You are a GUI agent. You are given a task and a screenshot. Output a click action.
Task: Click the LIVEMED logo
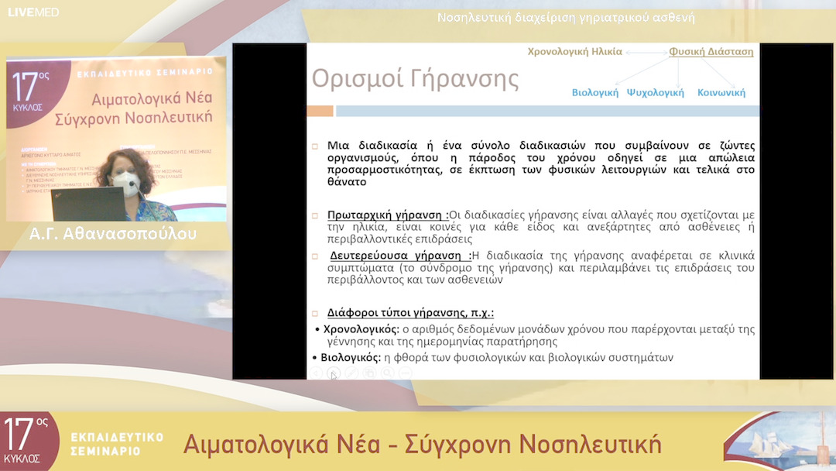click(33, 12)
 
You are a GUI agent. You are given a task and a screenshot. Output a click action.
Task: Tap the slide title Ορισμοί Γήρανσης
click(415, 79)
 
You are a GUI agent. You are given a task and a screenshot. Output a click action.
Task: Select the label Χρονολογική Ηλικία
click(574, 52)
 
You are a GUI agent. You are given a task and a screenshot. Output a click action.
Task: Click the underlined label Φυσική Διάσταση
click(711, 52)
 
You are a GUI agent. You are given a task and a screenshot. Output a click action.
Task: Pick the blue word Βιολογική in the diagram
click(595, 92)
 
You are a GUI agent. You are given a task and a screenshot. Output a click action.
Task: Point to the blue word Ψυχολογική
click(655, 92)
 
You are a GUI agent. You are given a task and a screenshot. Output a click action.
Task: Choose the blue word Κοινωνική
click(721, 92)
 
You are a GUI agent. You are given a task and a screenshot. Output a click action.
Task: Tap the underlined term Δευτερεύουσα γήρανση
click(400, 255)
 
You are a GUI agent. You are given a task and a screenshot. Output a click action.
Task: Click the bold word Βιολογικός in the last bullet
click(351, 357)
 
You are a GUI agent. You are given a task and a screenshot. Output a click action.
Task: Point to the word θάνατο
click(347, 183)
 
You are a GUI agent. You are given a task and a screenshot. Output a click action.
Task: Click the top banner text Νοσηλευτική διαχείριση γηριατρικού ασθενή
click(566, 17)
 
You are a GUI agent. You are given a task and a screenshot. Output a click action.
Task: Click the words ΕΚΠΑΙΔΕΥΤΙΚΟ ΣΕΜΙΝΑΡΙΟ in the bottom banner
click(116, 443)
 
